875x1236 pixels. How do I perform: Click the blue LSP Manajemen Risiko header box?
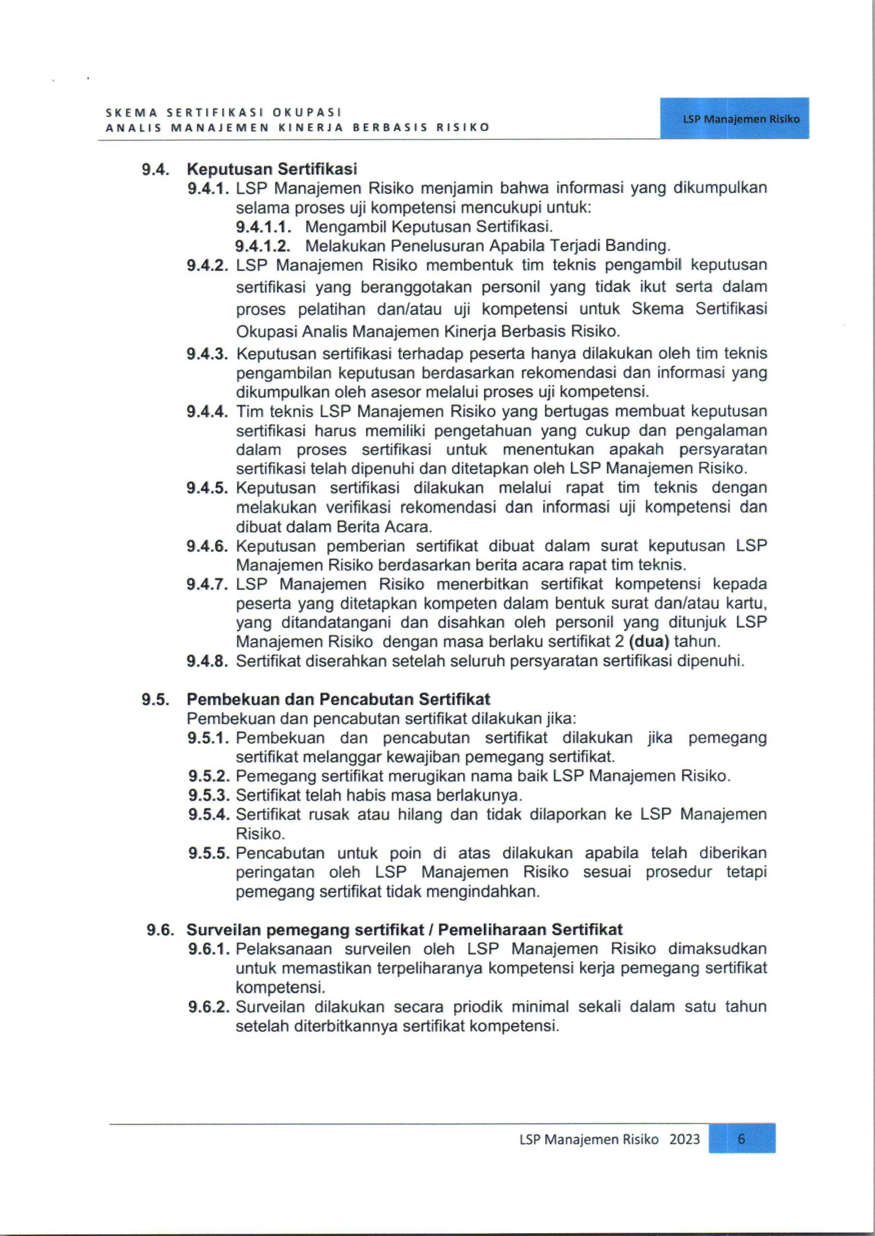point(734,118)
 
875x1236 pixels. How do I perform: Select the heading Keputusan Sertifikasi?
point(271,169)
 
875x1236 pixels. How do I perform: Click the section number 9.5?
point(155,699)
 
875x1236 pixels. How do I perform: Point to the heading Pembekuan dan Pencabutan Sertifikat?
point(338,699)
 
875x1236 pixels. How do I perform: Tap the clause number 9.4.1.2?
point(263,246)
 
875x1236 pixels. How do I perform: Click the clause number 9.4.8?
point(208,661)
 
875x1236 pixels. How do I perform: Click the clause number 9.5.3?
point(209,795)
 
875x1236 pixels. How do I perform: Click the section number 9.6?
point(159,930)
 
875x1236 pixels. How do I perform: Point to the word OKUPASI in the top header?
point(307,113)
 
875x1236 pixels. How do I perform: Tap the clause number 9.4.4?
point(208,411)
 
